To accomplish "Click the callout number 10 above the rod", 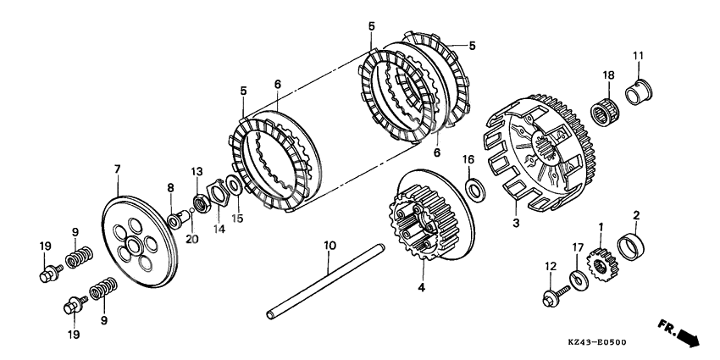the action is coord(330,245).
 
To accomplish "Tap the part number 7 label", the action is coord(117,169).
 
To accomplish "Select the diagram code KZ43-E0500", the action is coord(597,342).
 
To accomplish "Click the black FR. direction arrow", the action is coord(688,336).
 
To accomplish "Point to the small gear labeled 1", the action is coord(601,265).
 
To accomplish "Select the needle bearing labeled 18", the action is coord(604,112).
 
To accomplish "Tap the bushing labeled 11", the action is coord(639,92).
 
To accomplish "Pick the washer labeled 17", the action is coord(579,280).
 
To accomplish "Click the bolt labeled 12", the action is coord(555,296).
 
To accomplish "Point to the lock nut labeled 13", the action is coord(202,203).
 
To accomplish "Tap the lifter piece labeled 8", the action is coord(178,220).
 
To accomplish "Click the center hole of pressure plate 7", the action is coord(134,246).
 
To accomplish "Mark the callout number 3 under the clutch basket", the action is coord(516,224).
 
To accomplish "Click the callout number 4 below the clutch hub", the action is coord(422,287).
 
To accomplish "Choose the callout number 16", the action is coord(468,159).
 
